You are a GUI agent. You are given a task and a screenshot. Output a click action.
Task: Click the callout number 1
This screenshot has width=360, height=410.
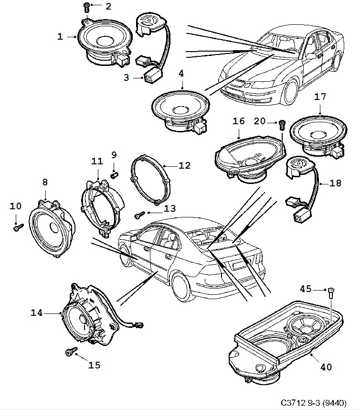(x=60, y=36)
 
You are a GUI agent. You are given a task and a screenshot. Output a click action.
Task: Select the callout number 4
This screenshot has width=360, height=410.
(x=181, y=74)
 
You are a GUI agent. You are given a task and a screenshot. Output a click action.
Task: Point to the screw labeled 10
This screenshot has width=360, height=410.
(x=16, y=227)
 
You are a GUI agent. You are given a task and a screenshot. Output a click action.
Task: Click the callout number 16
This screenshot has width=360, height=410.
(x=239, y=122)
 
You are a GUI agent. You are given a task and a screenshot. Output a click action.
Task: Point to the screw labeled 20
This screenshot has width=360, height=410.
(x=282, y=125)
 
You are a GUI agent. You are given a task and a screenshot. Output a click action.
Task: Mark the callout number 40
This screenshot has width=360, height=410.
(x=326, y=367)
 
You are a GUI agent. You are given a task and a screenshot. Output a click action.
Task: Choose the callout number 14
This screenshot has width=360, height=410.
(x=37, y=313)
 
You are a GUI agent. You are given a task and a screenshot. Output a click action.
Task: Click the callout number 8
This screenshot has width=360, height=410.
(x=45, y=182)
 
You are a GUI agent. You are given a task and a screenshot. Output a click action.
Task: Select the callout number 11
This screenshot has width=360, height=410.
(x=97, y=162)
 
